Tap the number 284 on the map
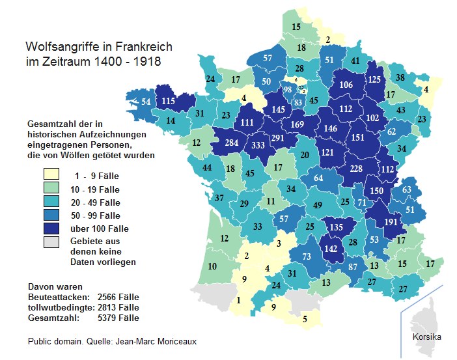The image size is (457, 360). coord(232,143)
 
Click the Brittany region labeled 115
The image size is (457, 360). coord(168,101)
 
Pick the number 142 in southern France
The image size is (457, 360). coord(332,248)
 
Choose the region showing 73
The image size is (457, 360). coord(307,256)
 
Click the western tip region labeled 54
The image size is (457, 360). coord(146,102)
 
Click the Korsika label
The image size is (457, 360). coord(426,337)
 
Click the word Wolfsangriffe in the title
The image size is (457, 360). coord(62,47)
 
